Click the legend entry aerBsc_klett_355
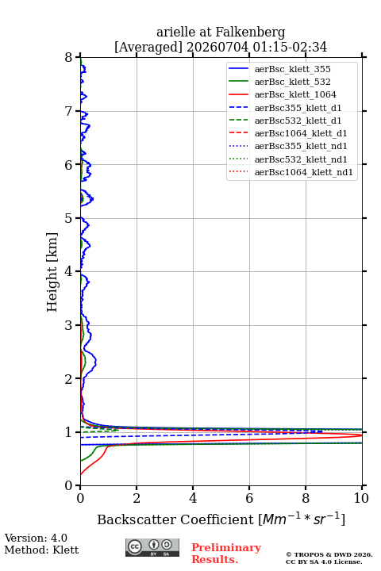pos(292,69)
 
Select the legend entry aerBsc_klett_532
pos(292,82)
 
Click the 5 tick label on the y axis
pos(69,218)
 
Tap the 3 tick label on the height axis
pos(69,325)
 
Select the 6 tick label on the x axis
pos(249,498)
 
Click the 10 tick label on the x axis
pos(361,498)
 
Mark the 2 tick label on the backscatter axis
pos(137,498)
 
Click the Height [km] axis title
pos(52,272)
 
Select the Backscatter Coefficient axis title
pos(221,519)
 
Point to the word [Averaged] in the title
pos(148,48)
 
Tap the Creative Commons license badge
pos(152,548)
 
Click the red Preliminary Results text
pos(226,554)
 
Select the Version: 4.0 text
pos(36,538)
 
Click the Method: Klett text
pos(41,550)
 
